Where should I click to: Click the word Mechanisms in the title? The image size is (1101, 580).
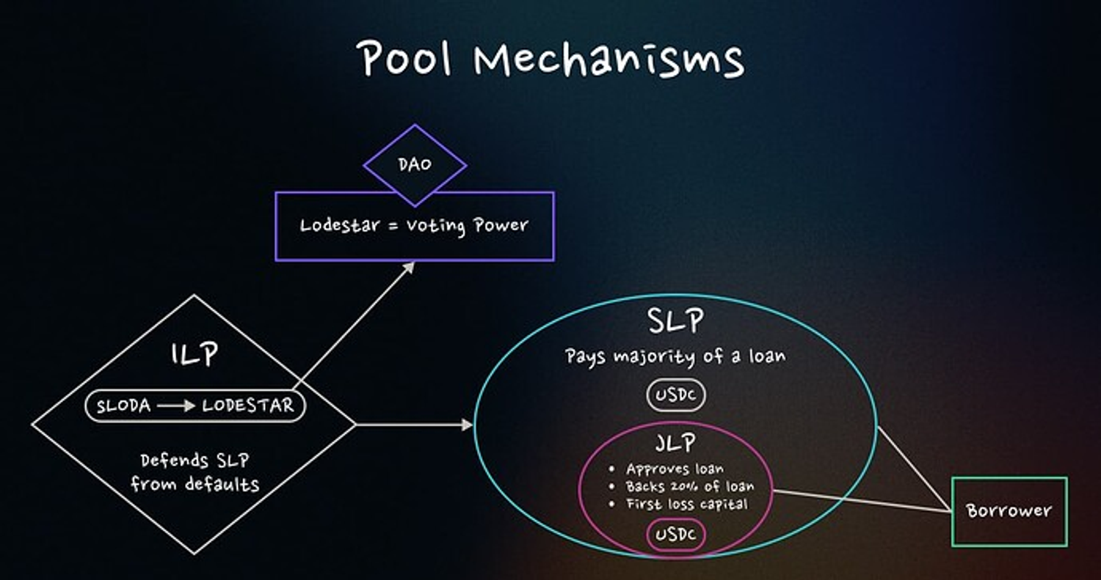608,59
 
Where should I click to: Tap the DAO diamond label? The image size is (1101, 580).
415,165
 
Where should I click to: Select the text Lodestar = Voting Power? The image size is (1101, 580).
414,226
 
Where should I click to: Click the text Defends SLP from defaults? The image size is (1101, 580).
195,472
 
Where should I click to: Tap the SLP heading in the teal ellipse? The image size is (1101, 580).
675,321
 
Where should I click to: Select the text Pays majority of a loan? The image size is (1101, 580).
675,357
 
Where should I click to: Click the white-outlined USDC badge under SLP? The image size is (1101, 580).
675,396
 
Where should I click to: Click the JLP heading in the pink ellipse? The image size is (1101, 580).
675,444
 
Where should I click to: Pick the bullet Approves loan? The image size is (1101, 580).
675,469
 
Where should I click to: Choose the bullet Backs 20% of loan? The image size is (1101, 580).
689,486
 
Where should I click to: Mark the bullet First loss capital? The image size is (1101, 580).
686,504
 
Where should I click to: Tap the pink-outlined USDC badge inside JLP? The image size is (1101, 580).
675,535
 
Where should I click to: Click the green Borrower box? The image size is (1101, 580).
1009,511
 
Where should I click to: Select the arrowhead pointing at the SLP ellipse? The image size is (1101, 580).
468,425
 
